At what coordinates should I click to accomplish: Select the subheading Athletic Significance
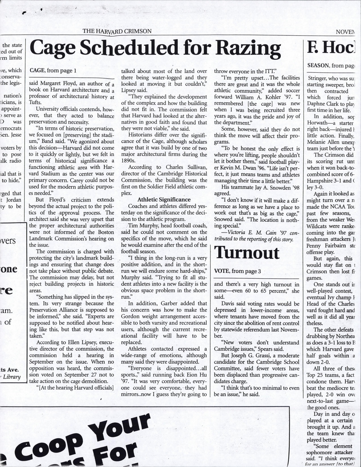coord(164,200)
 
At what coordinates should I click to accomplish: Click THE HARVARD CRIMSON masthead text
coord(117,31)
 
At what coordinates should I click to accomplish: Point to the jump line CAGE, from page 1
coord(53,70)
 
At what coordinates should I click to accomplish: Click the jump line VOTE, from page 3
coord(238,271)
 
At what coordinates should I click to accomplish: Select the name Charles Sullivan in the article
coord(184,167)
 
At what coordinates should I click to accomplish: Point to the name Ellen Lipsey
coord(76,342)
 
